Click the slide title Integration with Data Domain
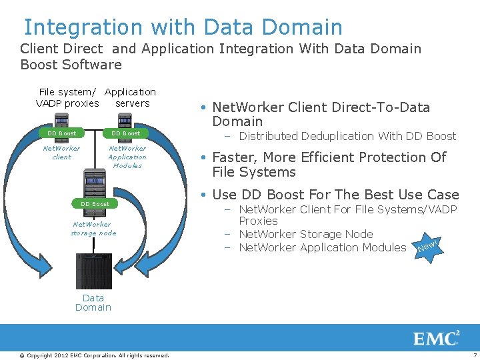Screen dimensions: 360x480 [x=183, y=27]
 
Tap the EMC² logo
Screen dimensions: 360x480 [x=437, y=338]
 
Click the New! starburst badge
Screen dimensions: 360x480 [x=427, y=249]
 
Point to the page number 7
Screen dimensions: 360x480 [x=475, y=355]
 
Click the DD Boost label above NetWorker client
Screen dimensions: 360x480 [x=61, y=133]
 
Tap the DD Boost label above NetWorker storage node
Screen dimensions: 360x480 [x=95, y=203]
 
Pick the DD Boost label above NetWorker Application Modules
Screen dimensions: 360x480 [x=125, y=133]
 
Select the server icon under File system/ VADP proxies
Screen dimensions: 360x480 [x=62, y=120]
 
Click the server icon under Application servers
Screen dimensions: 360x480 [x=126, y=120]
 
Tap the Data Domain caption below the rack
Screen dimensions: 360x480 [x=93, y=303]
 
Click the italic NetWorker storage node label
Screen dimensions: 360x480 [x=93, y=229]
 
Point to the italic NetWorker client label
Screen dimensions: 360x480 [x=61, y=153]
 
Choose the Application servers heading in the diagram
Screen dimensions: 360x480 [x=131, y=97]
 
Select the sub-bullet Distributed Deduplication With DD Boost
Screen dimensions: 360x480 [x=347, y=136]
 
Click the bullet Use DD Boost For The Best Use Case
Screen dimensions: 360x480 [x=335, y=195]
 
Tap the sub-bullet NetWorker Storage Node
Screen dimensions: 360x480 [x=305, y=234]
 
